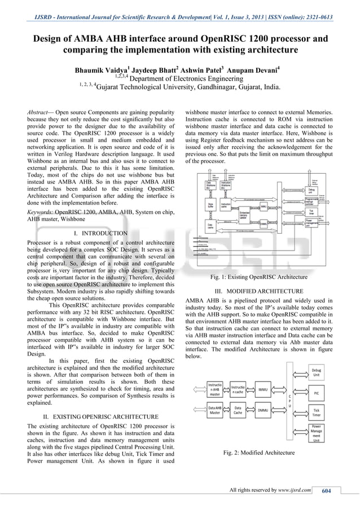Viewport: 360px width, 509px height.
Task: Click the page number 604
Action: coord(326,490)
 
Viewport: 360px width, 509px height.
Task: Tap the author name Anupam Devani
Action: coord(253,71)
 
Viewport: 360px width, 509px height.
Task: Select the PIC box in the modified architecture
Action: coord(317,391)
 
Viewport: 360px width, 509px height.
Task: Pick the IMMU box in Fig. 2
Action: coord(262,389)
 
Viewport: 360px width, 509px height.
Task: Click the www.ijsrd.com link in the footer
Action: coord(293,490)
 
